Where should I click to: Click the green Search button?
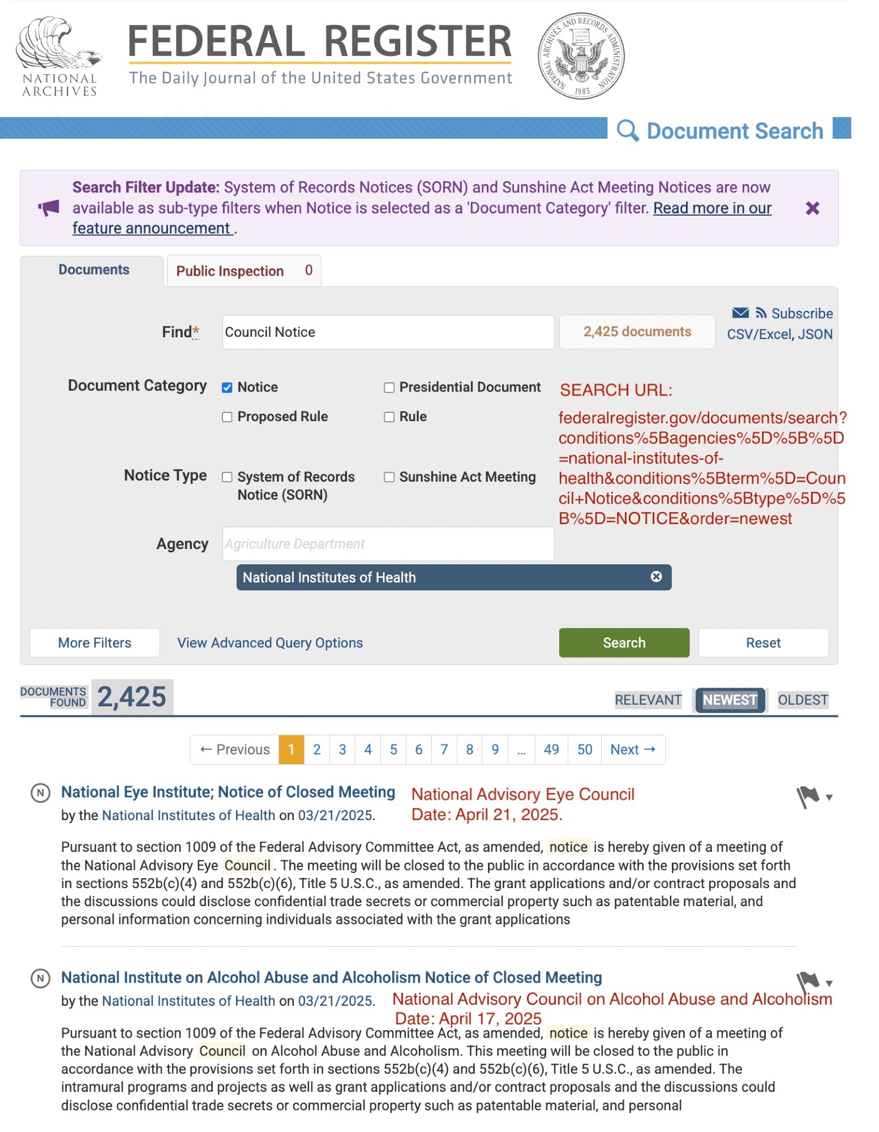[x=624, y=642]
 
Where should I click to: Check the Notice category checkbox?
[x=227, y=388]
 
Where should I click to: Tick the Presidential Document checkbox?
[x=389, y=388]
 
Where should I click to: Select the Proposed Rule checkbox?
[x=227, y=417]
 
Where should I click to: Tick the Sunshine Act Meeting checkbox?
[x=389, y=477]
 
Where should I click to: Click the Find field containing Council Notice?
[x=388, y=332]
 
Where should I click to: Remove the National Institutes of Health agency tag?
[x=656, y=577]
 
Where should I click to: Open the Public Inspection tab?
[x=243, y=271]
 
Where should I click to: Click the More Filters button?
[x=95, y=643]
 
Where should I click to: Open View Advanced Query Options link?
[x=270, y=643]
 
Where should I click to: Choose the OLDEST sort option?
[x=803, y=700]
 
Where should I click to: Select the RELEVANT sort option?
[x=648, y=700]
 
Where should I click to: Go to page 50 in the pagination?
[x=585, y=749]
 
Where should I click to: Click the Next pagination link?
[x=632, y=749]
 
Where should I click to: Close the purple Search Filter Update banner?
[x=812, y=208]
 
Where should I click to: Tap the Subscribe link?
[x=801, y=314]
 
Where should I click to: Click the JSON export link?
[x=815, y=335]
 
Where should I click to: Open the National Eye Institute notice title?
[x=228, y=792]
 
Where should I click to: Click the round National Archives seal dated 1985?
[x=581, y=55]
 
